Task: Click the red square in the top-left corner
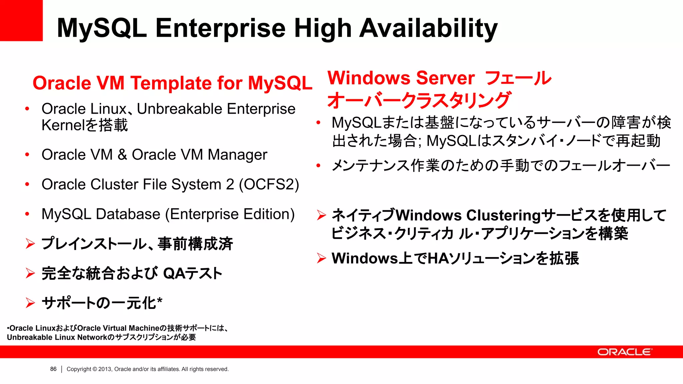point(21,20)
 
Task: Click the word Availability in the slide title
point(428,28)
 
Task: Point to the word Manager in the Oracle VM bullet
point(237,155)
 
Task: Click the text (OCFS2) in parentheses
point(269,185)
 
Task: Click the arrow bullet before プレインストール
point(30,244)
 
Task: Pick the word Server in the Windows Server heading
point(445,78)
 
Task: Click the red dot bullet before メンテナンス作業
point(318,165)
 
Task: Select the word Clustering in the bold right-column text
point(503,215)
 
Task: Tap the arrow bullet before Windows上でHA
point(321,258)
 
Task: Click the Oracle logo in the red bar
point(624,352)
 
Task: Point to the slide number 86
point(53,369)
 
